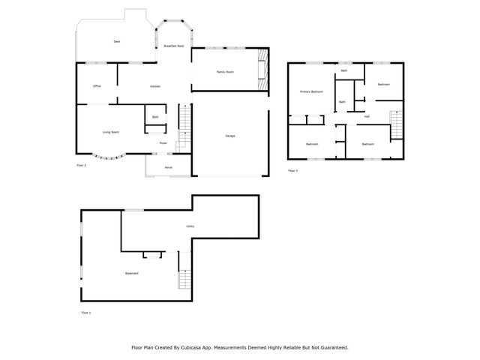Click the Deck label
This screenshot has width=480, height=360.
click(x=117, y=41)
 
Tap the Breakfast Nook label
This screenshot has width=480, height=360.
click(x=174, y=46)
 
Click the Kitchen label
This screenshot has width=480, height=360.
click(x=155, y=87)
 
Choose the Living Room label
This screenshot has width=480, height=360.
click(x=110, y=132)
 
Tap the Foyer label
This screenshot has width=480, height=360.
click(x=163, y=142)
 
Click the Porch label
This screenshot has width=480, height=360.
click(x=169, y=166)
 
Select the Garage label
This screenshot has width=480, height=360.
click(x=230, y=135)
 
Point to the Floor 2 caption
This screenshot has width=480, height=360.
click(x=82, y=165)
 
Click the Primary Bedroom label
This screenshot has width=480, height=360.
click(x=311, y=91)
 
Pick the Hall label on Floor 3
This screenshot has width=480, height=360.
click(x=367, y=116)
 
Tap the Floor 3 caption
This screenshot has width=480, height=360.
click(x=293, y=171)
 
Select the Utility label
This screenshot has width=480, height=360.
click(x=190, y=226)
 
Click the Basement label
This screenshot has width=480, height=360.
click(x=132, y=273)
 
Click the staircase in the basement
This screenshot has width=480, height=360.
click(x=184, y=280)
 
